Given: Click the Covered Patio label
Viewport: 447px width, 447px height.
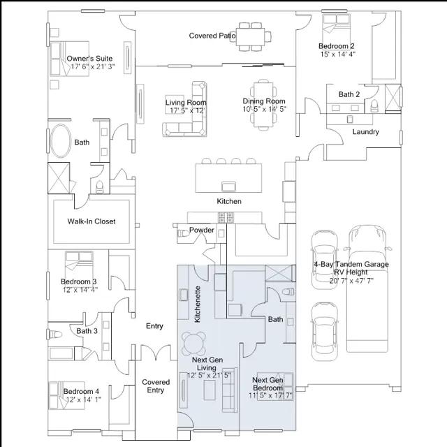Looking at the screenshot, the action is pos(212,36).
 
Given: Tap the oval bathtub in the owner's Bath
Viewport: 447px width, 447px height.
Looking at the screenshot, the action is pos(61,141).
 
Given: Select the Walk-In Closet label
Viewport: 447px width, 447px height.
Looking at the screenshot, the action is pos(91,221).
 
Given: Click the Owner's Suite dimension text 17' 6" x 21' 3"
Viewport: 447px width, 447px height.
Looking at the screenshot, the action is pos(93,67).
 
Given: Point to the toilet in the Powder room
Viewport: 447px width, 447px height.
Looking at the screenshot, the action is pos(183,233).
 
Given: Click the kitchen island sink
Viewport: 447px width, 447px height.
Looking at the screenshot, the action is pos(228,186).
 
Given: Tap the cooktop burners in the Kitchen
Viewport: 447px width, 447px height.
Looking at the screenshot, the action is pos(226,217).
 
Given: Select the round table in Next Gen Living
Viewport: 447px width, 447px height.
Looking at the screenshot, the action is pos(194,343).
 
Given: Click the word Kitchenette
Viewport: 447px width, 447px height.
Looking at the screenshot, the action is pos(197,305).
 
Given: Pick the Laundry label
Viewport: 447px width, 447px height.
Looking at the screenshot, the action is pos(366,132).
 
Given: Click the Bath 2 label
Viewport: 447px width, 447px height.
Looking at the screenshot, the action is pos(349,94).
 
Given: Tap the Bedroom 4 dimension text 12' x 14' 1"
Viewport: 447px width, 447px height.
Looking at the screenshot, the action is pos(83,400).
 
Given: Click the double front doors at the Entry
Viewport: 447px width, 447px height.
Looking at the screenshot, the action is pos(156,353).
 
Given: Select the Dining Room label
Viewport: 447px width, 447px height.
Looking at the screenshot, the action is pos(264,101).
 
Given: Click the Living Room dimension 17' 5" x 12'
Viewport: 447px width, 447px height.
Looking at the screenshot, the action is pos(188,110).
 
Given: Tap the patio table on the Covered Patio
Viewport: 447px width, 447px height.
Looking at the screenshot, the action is pos(251,37).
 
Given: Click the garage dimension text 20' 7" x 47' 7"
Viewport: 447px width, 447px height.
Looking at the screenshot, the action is pos(351,281).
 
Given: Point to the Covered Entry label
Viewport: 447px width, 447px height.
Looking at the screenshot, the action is pos(156,386).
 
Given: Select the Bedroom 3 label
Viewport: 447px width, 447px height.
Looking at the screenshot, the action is pos(79,281).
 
